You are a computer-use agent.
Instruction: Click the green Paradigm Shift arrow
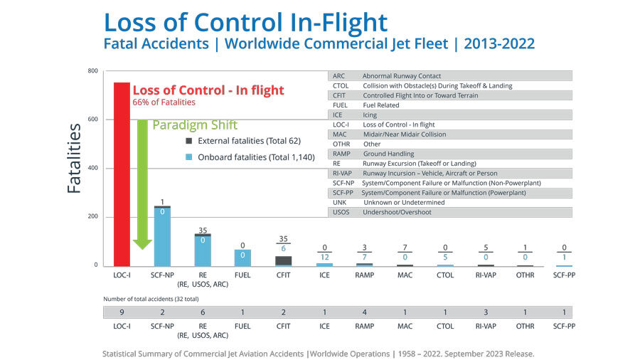[x=142, y=185]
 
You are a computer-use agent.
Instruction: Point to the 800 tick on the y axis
[x=92, y=71]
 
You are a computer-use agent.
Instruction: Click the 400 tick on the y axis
[x=92, y=168]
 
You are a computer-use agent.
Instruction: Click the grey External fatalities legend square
[x=188, y=140]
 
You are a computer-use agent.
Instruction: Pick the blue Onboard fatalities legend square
[x=188, y=157]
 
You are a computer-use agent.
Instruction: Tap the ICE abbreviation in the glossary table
[x=338, y=115]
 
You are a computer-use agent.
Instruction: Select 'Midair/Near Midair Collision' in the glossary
[x=404, y=134]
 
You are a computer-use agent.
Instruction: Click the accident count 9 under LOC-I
[x=122, y=312]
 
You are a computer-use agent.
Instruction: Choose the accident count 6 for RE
[x=203, y=312]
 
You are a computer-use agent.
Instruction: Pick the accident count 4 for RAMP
[x=365, y=312]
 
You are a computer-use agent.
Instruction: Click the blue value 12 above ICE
[x=324, y=256]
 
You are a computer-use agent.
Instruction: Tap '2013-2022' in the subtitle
[x=499, y=44]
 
